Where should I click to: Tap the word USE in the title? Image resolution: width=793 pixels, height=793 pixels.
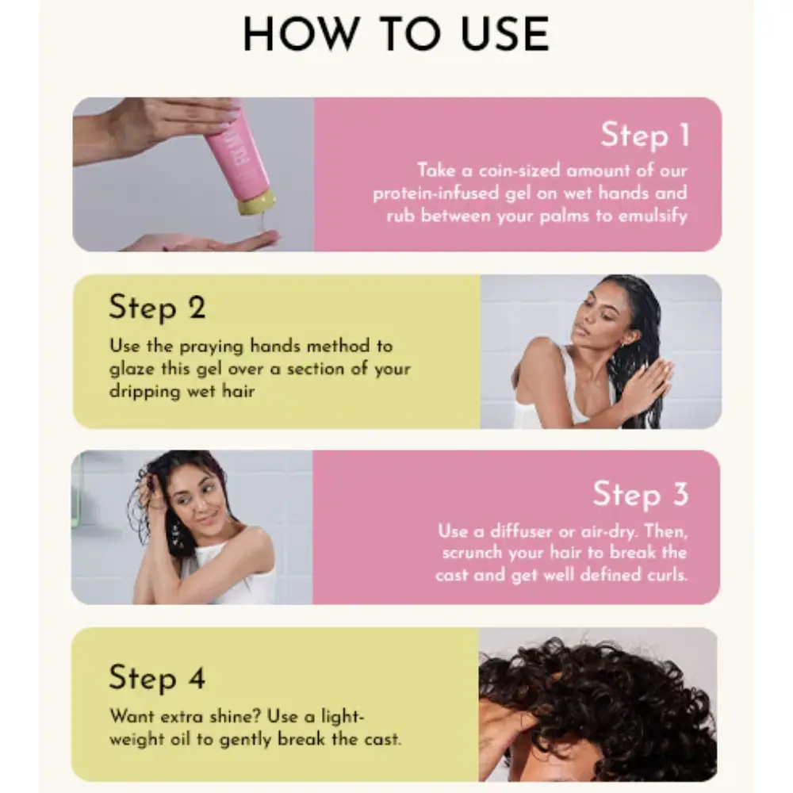point(505,34)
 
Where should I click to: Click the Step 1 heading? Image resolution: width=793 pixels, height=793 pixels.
point(645,135)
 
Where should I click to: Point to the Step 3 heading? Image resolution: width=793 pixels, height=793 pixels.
point(641,493)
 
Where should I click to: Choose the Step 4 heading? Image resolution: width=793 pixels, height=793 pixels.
point(157,677)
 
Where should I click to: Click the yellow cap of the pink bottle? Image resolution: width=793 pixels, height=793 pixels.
point(257,203)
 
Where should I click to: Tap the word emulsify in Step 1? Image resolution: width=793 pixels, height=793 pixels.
point(653,216)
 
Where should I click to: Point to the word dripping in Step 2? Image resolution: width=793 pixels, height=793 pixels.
point(144,392)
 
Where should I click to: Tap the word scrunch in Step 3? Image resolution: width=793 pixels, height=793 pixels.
point(473,553)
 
